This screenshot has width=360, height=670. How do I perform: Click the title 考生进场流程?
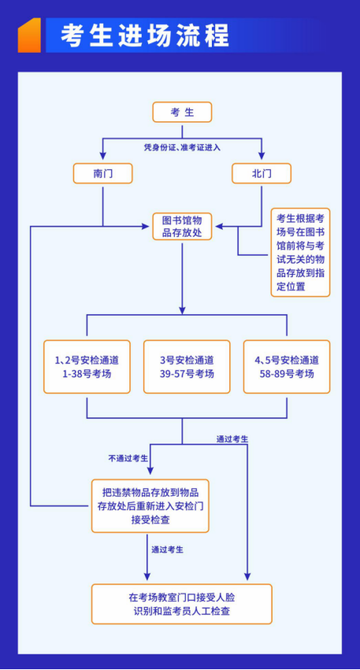point(144,35)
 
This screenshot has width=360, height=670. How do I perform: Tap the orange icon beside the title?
point(29,35)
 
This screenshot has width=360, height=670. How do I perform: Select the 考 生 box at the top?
point(182,113)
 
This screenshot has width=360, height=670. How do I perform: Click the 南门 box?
point(102,173)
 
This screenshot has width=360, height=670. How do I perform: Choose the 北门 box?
point(262,173)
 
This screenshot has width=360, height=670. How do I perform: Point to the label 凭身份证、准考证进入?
point(182,148)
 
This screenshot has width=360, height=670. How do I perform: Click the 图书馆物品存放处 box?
point(182,227)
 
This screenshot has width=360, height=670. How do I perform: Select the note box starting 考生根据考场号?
point(300,252)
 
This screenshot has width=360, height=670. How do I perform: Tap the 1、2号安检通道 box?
point(87,367)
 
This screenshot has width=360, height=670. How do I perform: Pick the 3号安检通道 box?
point(187,367)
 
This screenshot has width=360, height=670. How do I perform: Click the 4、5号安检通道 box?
point(287,367)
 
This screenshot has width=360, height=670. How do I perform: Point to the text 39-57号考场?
point(187,374)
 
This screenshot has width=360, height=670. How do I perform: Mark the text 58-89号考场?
point(287,374)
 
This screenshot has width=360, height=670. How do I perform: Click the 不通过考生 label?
point(128,458)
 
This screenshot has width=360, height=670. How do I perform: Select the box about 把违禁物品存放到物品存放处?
point(150,506)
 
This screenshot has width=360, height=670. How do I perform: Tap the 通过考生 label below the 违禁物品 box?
point(168,550)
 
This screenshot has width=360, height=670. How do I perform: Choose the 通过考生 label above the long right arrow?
point(232,439)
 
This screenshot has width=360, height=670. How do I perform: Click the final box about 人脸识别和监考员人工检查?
point(182,604)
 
